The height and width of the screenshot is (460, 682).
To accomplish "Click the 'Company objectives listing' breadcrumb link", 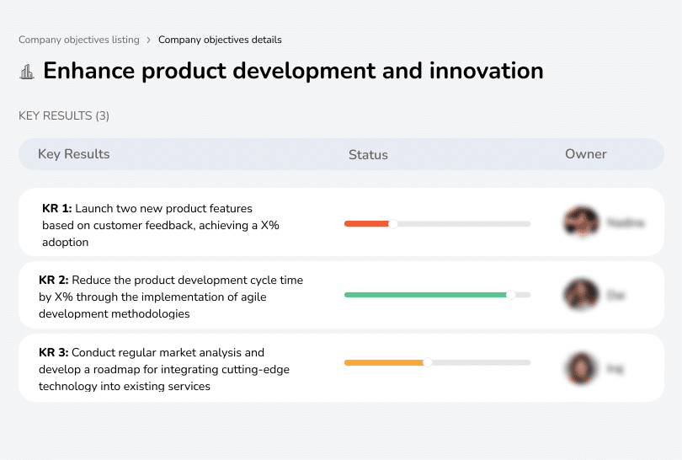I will coord(78,40).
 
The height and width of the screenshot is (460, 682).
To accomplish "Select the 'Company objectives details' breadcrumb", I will coord(220,40).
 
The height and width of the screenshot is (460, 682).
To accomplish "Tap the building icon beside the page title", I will coord(27,72).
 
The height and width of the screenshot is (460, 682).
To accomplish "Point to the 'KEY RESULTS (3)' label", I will coord(64,115).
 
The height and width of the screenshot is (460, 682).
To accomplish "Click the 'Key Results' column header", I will coord(73,154).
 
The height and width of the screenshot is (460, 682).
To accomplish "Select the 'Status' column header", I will coord(368,155).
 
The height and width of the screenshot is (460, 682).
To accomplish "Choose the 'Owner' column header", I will coord(585,154).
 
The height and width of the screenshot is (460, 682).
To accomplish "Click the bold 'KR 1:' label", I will coord(56,208).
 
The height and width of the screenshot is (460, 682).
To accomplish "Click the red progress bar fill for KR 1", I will coord(366,223).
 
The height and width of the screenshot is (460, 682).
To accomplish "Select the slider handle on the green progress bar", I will coord(510,295).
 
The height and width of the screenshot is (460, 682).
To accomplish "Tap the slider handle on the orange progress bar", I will coord(428,362).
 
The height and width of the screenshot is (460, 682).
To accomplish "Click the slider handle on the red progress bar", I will coord(392,223).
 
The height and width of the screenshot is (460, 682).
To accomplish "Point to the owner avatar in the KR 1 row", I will coord(581,222).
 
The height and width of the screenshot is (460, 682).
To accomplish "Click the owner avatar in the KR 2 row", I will coord(581,295).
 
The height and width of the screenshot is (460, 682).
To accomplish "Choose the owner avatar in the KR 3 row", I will coord(581,368).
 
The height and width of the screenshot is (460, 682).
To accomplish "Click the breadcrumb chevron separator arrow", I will coord(148,40).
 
